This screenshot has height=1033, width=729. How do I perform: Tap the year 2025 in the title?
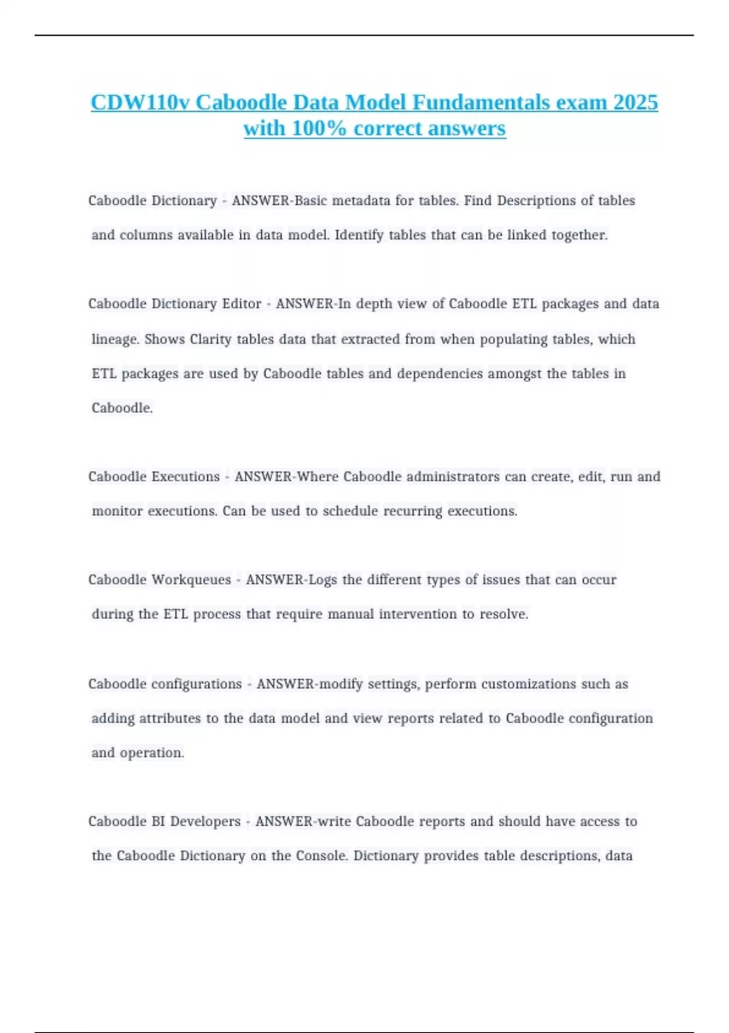click(635, 102)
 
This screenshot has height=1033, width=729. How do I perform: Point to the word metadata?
click(361, 201)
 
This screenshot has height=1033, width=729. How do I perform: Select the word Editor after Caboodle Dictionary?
click(241, 304)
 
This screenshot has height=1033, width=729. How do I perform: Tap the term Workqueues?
click(191, 580)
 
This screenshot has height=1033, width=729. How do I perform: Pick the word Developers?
click(205, 822)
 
